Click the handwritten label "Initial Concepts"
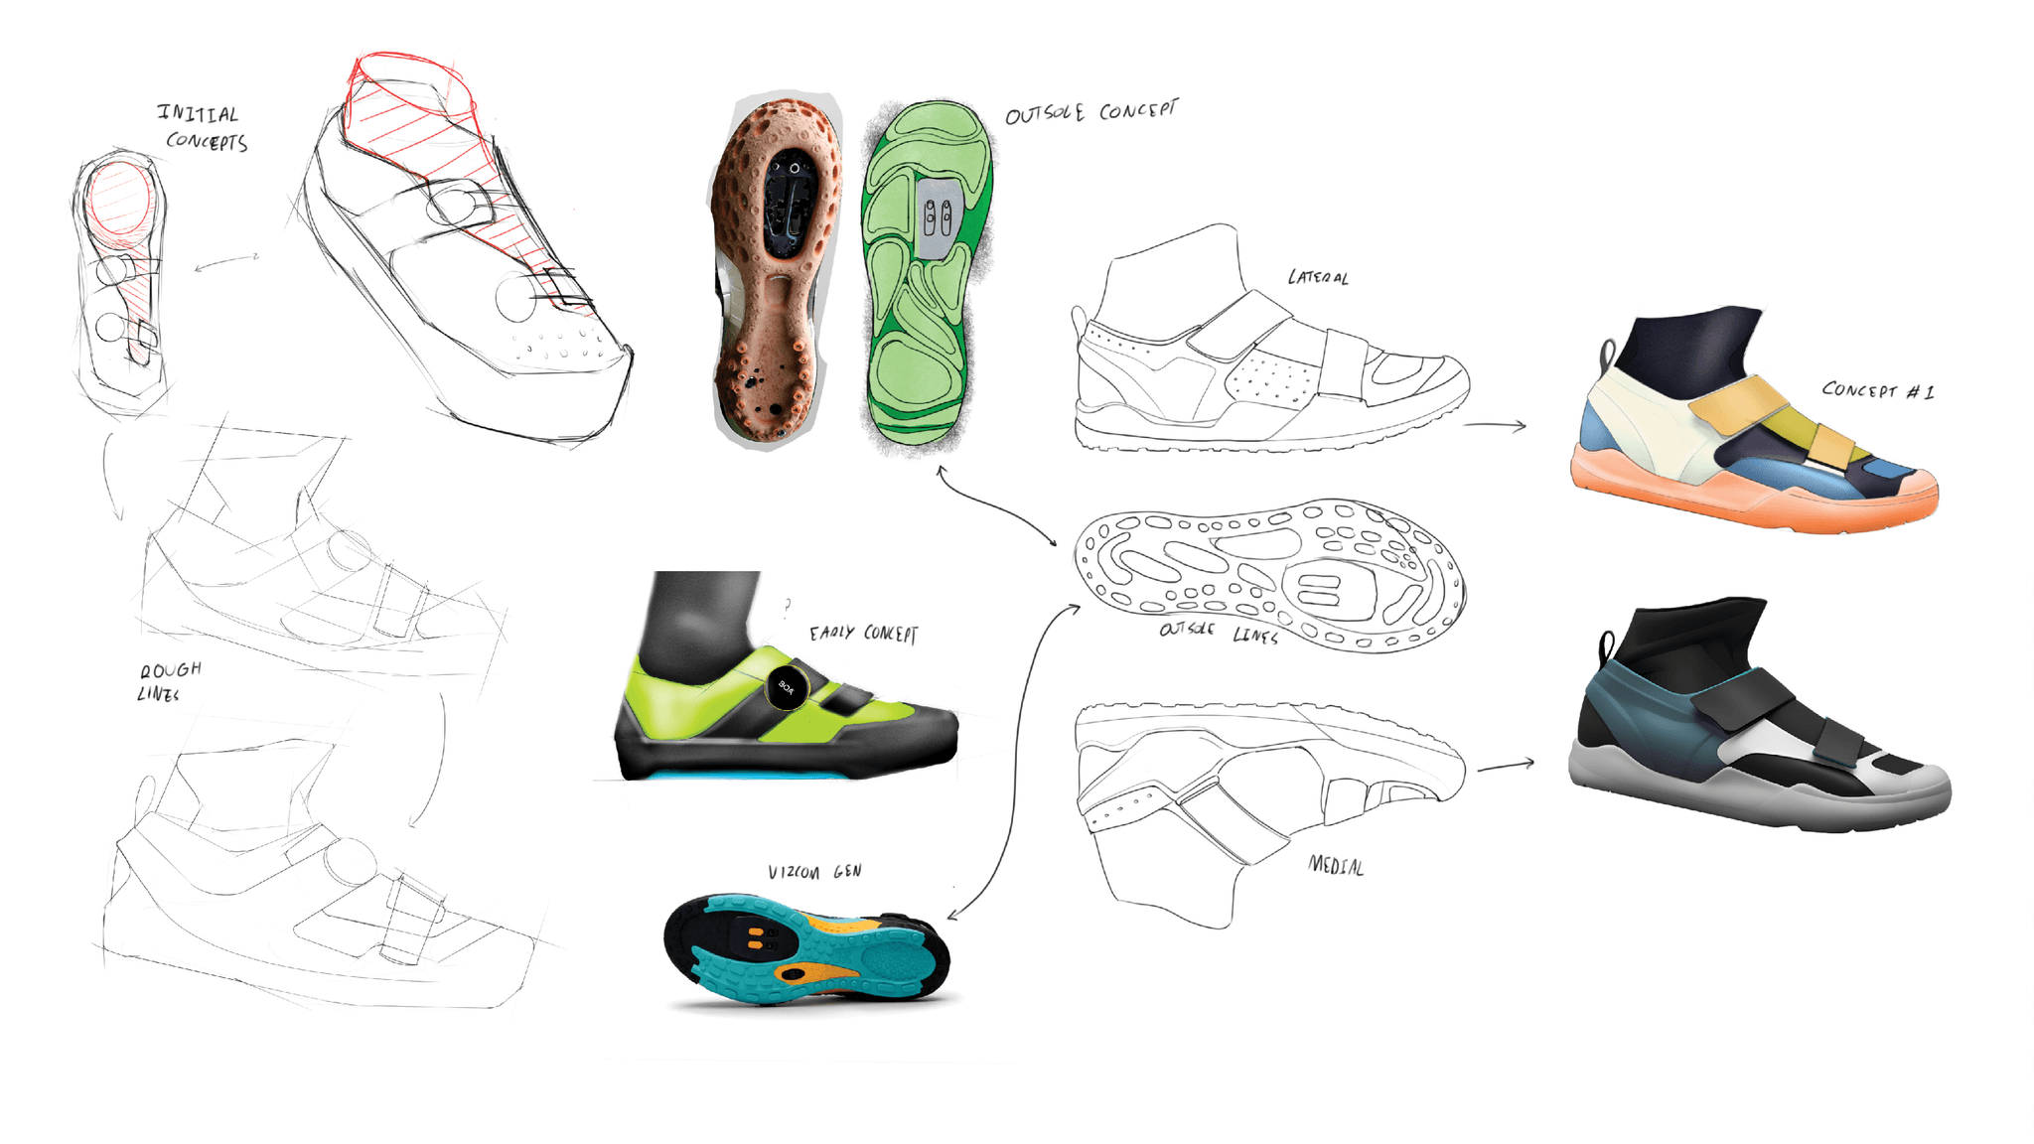tap(202, 127)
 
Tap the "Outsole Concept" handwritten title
tap(1090, 111)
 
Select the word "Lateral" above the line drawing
tap(1318, 277)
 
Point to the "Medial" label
tap(1336, 866)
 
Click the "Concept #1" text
tap(1877, 390)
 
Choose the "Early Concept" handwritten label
tap(863, 633)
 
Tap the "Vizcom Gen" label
tap(814, 872)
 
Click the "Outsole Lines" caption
tap(1218, 632)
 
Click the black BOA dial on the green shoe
tap(786, 687)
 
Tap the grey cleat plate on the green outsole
tap(937, 217)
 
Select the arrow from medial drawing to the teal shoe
tap(1506, 766)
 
